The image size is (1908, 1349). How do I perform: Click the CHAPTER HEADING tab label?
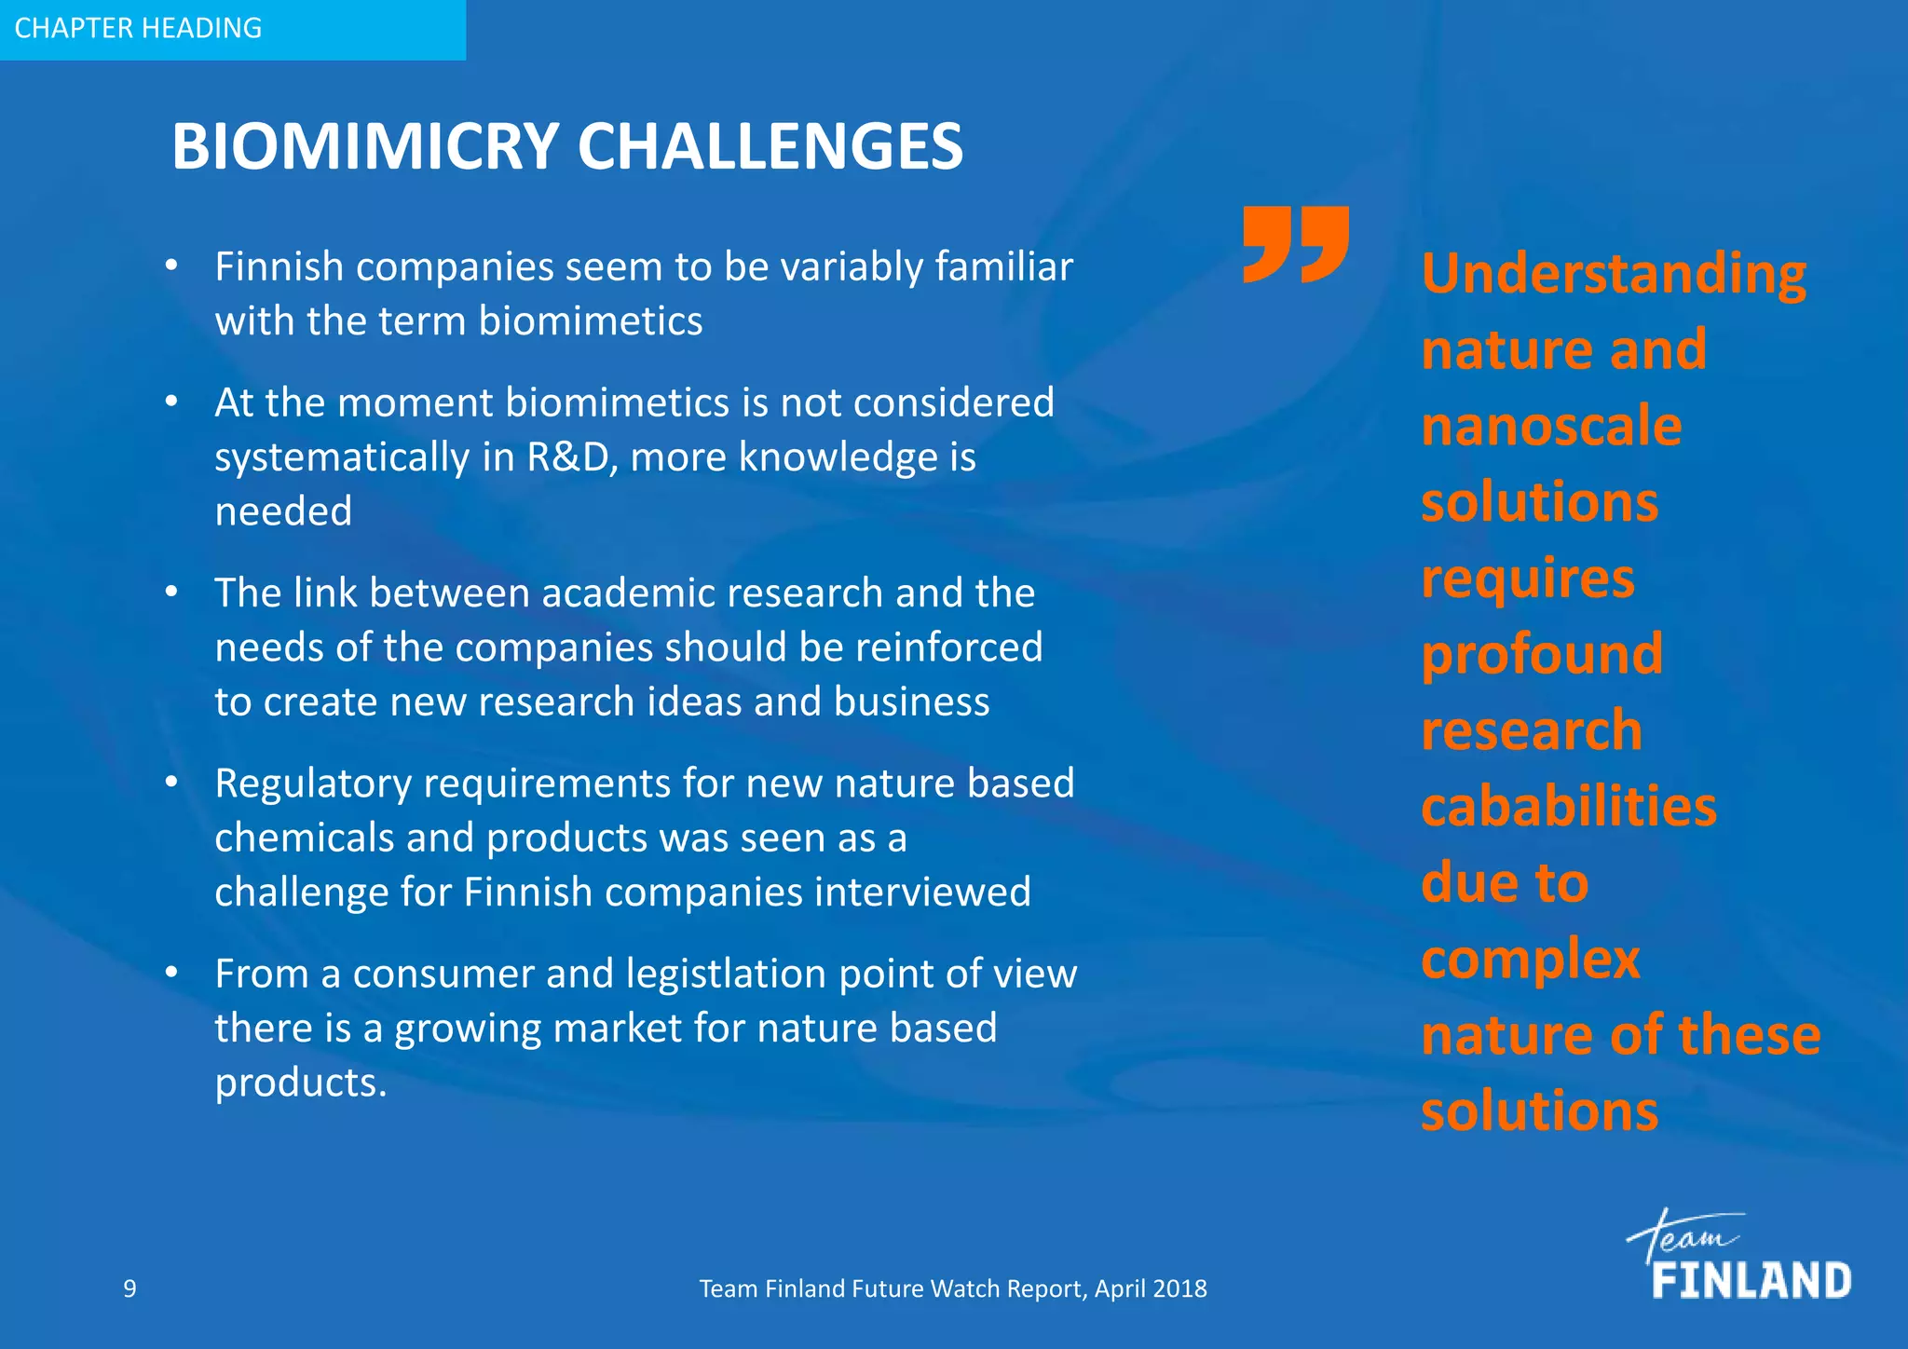[x=138, y=28]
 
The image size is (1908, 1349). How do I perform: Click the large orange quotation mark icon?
[x=1296, y=244]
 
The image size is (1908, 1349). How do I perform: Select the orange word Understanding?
[x=1614, y=274]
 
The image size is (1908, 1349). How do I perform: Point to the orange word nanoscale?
[x=1551, y=427]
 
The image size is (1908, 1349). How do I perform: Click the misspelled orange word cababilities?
[x=1569, y=807]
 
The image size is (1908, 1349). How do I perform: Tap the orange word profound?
[x=1542, y=654]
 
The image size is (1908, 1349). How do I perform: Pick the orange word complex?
[x=1531, y=960]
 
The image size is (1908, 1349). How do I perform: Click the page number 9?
[x=129, y=1288]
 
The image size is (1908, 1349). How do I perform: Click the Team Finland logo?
[x=1738, y=1257]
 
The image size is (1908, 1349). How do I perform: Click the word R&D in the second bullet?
[x=566, y=457]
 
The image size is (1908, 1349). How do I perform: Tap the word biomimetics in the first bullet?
[x=591, y=321]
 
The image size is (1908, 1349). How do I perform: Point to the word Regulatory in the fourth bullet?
[x=313, y=784]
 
